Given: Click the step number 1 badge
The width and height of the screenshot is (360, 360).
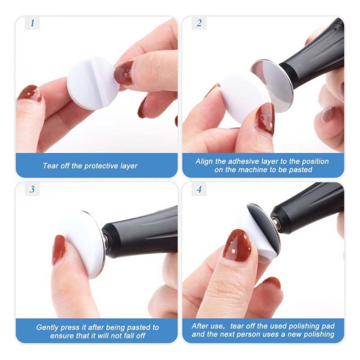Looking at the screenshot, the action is click(32, 23).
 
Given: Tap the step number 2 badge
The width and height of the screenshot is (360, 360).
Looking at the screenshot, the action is click(199, 23).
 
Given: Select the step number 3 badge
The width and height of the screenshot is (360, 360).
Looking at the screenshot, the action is click(32, 189).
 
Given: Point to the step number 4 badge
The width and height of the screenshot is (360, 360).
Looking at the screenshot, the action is click(199, 189).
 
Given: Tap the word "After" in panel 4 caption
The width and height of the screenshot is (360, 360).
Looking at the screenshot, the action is click(200, 326).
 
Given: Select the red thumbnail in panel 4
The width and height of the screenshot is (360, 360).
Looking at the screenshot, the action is click(238, 246).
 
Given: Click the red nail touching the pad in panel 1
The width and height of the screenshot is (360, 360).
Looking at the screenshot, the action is click(124, 73).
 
